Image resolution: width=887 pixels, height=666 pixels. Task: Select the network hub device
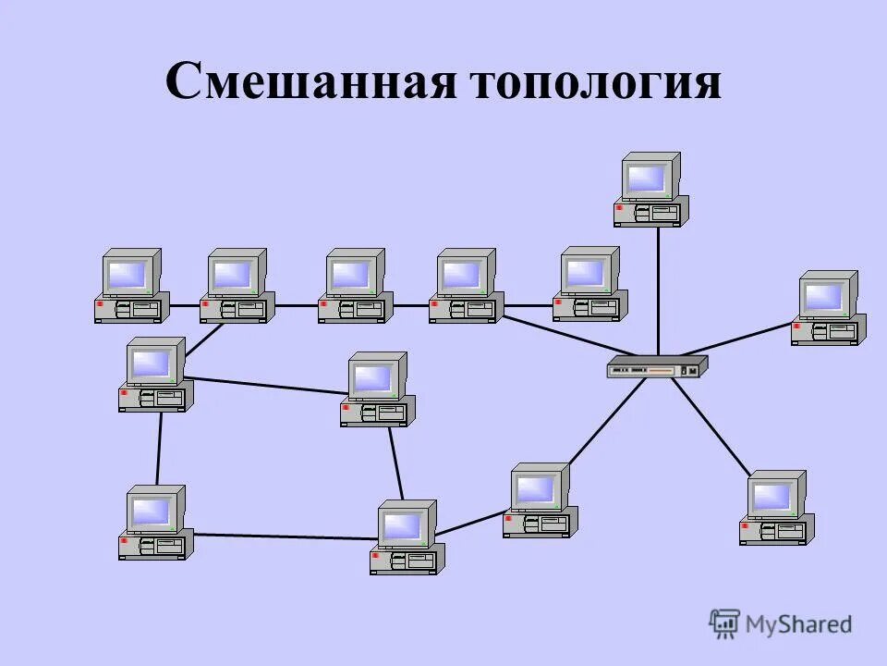pos(657,367)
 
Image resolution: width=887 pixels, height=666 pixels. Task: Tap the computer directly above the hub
pos(650,190)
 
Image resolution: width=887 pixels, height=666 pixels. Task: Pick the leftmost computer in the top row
pos(131,285)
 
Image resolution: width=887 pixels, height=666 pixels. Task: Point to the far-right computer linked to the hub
pos(828,308)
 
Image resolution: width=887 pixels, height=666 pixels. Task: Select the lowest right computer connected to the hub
pos(776,507)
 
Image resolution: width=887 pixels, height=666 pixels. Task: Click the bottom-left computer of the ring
pos(155,523)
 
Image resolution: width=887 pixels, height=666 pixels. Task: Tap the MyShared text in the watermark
pos(798,624)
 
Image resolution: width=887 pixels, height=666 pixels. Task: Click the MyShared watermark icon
pos(725,623)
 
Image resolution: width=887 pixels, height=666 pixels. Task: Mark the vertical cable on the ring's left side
pos(159,449)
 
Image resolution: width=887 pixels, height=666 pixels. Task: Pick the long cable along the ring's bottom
pos(282,536)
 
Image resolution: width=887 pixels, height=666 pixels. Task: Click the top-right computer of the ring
pos(377,389)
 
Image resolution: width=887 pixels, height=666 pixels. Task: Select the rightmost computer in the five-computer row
pos(589,283)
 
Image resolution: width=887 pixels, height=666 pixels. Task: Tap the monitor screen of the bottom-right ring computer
pos(402,525)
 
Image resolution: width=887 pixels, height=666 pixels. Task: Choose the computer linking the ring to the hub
pos(540,500)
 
